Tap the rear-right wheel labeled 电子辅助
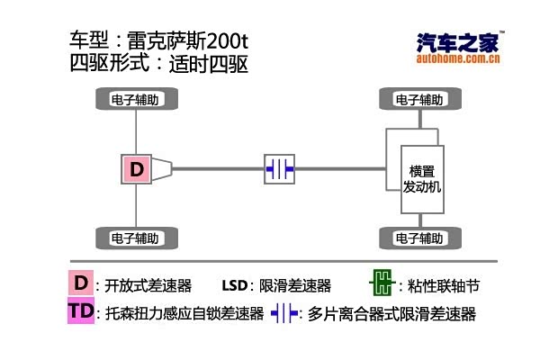point(136,238)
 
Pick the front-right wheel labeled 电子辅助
point(419,238)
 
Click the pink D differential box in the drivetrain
point(136,168)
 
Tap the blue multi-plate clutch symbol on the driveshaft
point(279,168)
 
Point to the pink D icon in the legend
point(82,284)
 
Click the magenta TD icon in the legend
point(80,312)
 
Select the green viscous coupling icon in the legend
point(383,284)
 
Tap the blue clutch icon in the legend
point(285,313)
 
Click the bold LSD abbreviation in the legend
point(233,286)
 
